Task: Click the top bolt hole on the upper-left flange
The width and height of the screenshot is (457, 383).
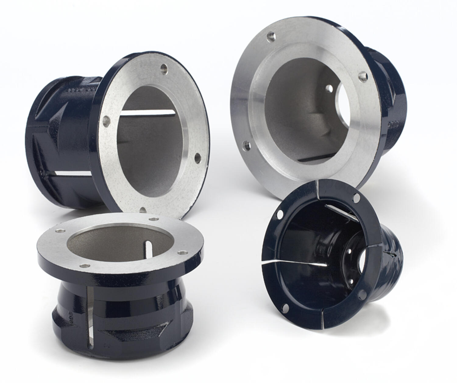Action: [x=164, y=68]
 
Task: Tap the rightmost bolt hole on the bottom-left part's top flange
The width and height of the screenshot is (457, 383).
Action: [x=182, y=253]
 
